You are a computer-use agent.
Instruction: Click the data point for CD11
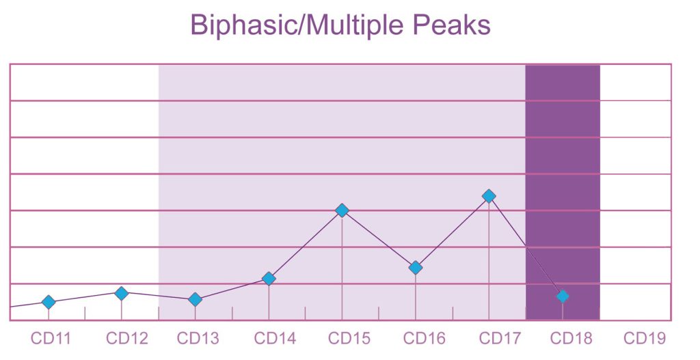pyautogui.click(x=49, y=302)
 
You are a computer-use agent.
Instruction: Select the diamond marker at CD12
pyautogui.click(x=122, y=293)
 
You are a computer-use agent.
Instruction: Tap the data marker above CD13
pyautogui.click(x=195, y=299)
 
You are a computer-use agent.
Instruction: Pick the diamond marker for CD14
pyautogui.click(x=269, y=278)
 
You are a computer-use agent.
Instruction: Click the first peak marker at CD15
pyautogui.click(x=342, y=210)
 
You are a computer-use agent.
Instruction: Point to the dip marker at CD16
pyautogui.click(x=416, y=268)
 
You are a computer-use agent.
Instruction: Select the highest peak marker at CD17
pyautogui.click(x=489, y=196)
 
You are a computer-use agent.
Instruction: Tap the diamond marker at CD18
pyautogui.click(x=563, y=296)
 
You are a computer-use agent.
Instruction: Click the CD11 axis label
pyautogui.click(x=51, y=338)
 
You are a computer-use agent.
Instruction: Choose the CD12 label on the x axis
pyautogui.click(x=126, y=338)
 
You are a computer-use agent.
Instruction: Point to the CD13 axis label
pyautogui.click(x=198, y=338)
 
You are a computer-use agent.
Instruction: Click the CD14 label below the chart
pyautogui.click(x=275, y=338)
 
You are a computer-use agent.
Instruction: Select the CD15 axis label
pyautogui.click(x=349, y=338)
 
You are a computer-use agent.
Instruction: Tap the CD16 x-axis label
pyautogui.click(x=424, y=338)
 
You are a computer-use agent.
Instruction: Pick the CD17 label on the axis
pyautogui.click(x=500, y=338)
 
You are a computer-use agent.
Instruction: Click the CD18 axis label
pyautogui.click(x=571, y=338)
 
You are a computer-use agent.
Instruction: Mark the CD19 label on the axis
pyautogui.click(x=644, y=338)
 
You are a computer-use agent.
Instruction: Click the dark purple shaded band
pyautogui.click(x=563, y=192)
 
